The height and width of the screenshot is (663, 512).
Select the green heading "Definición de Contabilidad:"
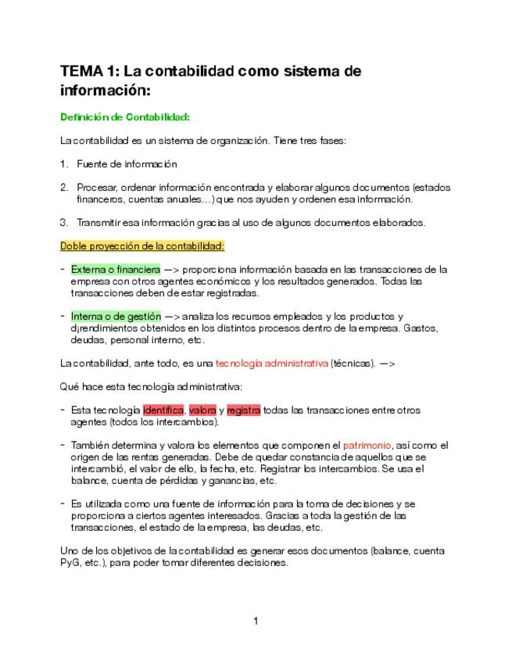125,117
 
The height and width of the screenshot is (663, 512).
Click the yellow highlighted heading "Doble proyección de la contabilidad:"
142,246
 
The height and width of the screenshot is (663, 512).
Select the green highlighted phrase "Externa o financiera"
115,270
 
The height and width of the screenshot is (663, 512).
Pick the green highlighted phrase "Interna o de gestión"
115,317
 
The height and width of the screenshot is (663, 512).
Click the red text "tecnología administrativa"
271,364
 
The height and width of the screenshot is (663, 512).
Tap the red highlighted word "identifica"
163,410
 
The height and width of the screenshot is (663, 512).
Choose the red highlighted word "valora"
202,410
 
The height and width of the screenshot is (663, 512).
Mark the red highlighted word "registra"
243,410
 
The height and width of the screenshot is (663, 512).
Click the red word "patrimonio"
367,445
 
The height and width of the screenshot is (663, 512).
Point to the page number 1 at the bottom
256,622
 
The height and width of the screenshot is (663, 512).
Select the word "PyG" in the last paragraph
70,563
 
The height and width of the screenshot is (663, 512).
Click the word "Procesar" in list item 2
95,188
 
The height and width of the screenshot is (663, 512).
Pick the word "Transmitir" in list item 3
99,223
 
